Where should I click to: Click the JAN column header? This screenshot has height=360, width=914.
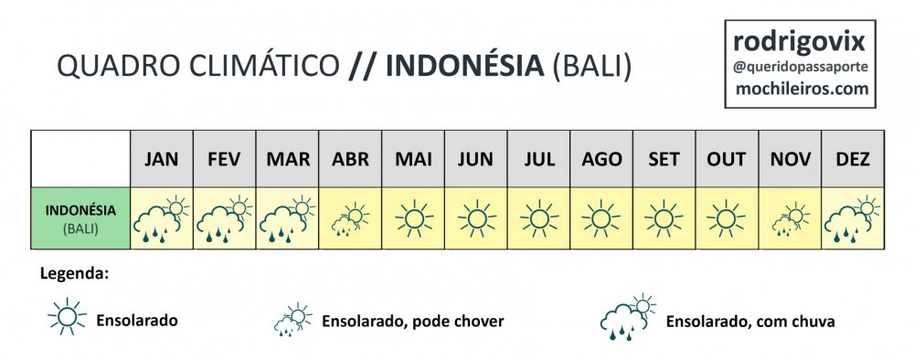coord(162,159)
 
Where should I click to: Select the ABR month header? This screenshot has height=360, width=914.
coord(350,159)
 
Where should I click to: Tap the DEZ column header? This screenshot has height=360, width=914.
coord(853,159)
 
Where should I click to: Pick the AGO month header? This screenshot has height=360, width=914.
coord(601,159)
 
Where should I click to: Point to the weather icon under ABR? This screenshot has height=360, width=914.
coord(350,220)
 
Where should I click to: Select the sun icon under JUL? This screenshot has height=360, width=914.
coord(539,218)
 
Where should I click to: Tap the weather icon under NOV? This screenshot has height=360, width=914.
coord(791,220)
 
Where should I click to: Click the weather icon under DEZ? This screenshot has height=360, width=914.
coord(853,219)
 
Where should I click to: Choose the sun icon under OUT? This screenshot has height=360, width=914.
coord(727,218)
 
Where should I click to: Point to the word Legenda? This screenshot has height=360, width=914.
coord(75,273)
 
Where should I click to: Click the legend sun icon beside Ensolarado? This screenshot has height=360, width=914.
coord(67,316)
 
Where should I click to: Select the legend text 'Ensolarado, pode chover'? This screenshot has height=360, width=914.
coord(413,321)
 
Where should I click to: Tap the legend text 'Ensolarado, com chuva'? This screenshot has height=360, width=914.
coord(750,321)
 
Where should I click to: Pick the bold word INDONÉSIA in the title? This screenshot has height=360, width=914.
coord(464,66)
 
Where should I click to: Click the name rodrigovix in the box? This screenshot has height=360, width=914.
coord(800,42)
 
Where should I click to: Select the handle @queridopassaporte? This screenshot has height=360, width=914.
coord(801,67)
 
